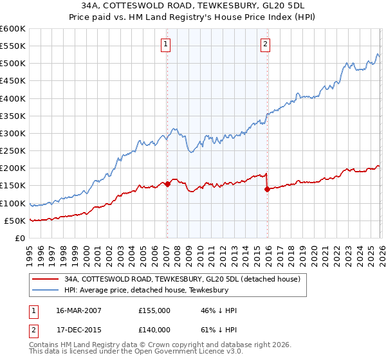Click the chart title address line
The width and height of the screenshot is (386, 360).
(x=193, y=6)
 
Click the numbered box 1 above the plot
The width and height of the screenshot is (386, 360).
(x=166, y=44)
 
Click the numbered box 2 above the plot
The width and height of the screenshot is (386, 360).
(x=265, y=44)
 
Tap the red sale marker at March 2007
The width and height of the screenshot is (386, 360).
(x=167, y=184)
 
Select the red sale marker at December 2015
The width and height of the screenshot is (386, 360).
(x=267, y=189)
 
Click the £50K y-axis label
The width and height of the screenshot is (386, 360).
(x=15, y=221)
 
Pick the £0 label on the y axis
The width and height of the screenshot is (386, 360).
(x=21, y=238)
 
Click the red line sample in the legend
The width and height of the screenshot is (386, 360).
(x=45, y=280)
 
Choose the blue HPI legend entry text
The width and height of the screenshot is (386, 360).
(x=147, y=291)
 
